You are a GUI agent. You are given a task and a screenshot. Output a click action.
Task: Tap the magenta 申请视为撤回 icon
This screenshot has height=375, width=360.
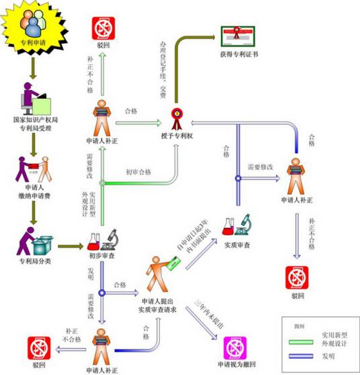click(x=234, y=348)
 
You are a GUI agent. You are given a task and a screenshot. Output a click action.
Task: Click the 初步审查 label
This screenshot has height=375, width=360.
click(x=100, y=256)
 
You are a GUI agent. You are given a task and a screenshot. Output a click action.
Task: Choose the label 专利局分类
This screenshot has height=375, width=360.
click(x=32, y=259)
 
